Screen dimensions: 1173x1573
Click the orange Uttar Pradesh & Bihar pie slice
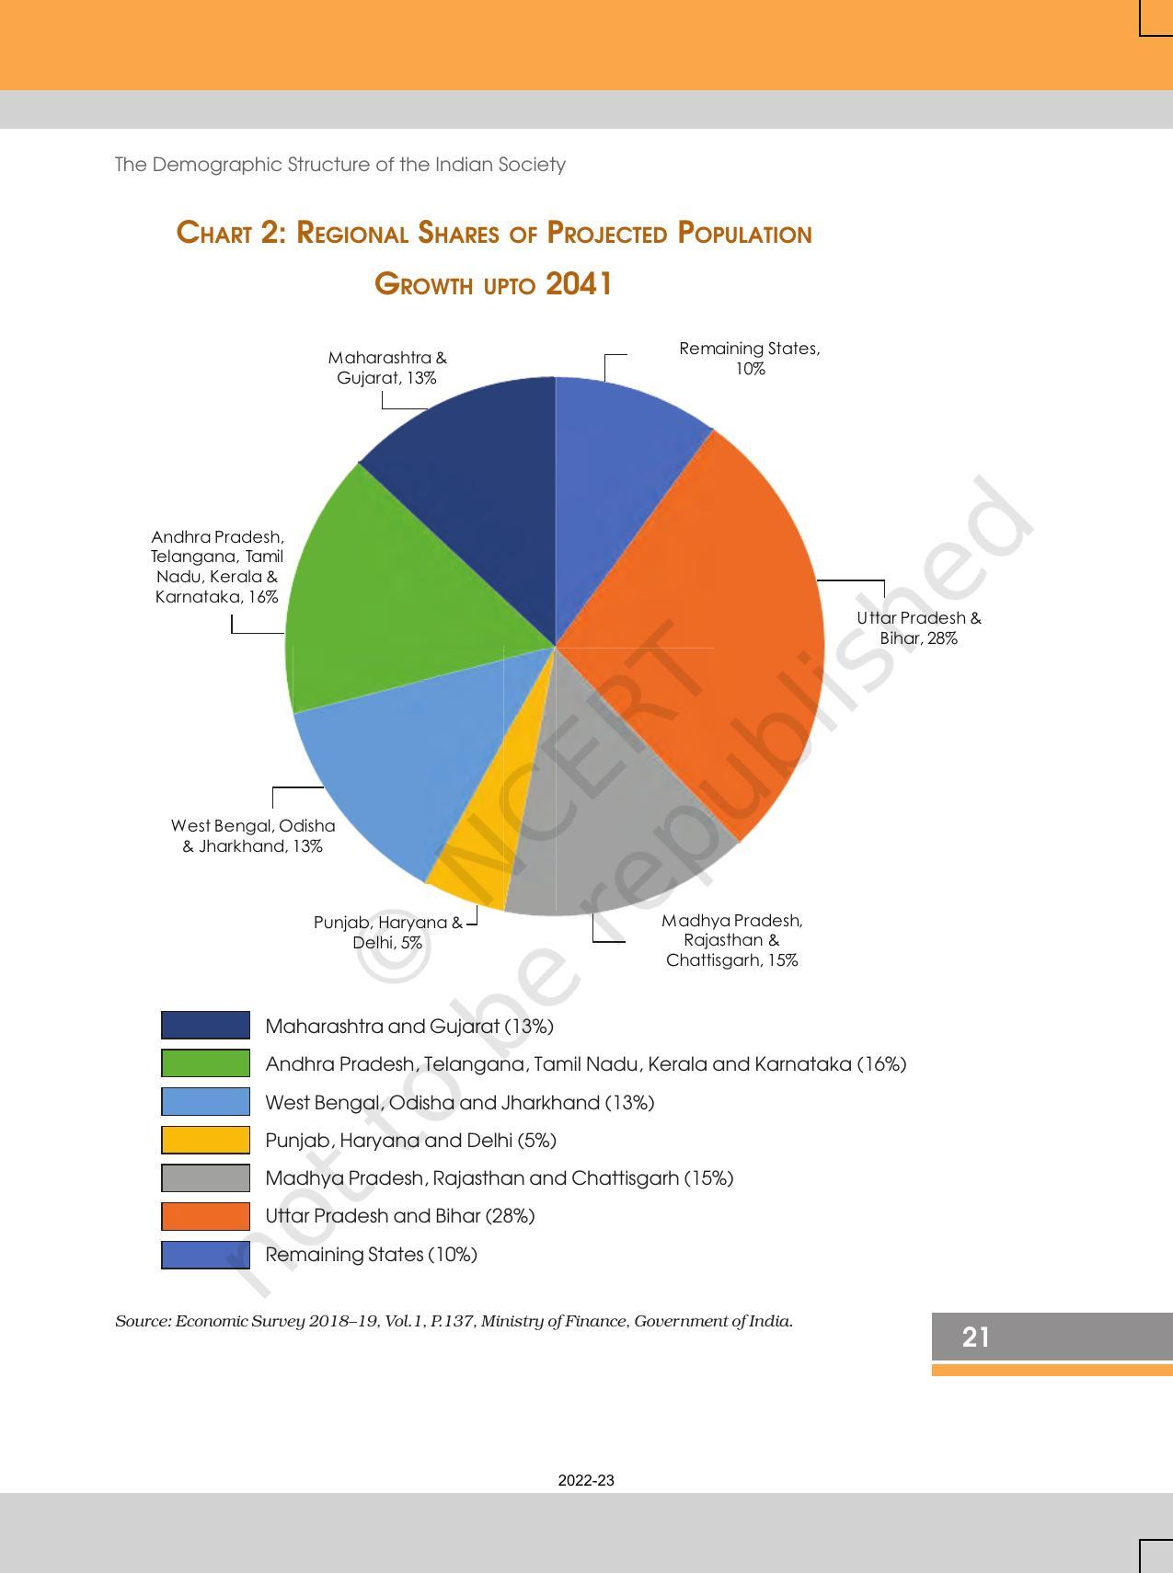(x=699, y=626)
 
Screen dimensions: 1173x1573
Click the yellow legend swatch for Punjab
(x=205, y=1140)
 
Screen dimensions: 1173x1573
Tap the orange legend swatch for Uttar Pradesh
(x=205, y=1216)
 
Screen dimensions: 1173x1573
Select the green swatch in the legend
(x=205, y=1063)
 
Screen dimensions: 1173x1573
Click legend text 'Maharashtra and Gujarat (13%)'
(x=409, y=1026)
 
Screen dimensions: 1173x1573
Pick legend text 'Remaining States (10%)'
(x=371, y=1254)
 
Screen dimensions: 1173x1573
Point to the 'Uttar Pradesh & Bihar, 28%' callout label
(x=919, y=628)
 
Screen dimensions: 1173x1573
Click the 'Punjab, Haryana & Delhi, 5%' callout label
(x=387, y=932)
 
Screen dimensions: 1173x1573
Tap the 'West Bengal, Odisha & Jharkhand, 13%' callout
(x=253, y=836)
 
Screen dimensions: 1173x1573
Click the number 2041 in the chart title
(x=579, y=283)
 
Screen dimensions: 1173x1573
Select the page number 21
(x=976, y=1337)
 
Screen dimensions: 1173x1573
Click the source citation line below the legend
(x=454, y=1321)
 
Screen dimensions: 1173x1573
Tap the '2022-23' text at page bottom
(x=586, y=1480)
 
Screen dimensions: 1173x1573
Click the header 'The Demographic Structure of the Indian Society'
(x=339, y=165)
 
